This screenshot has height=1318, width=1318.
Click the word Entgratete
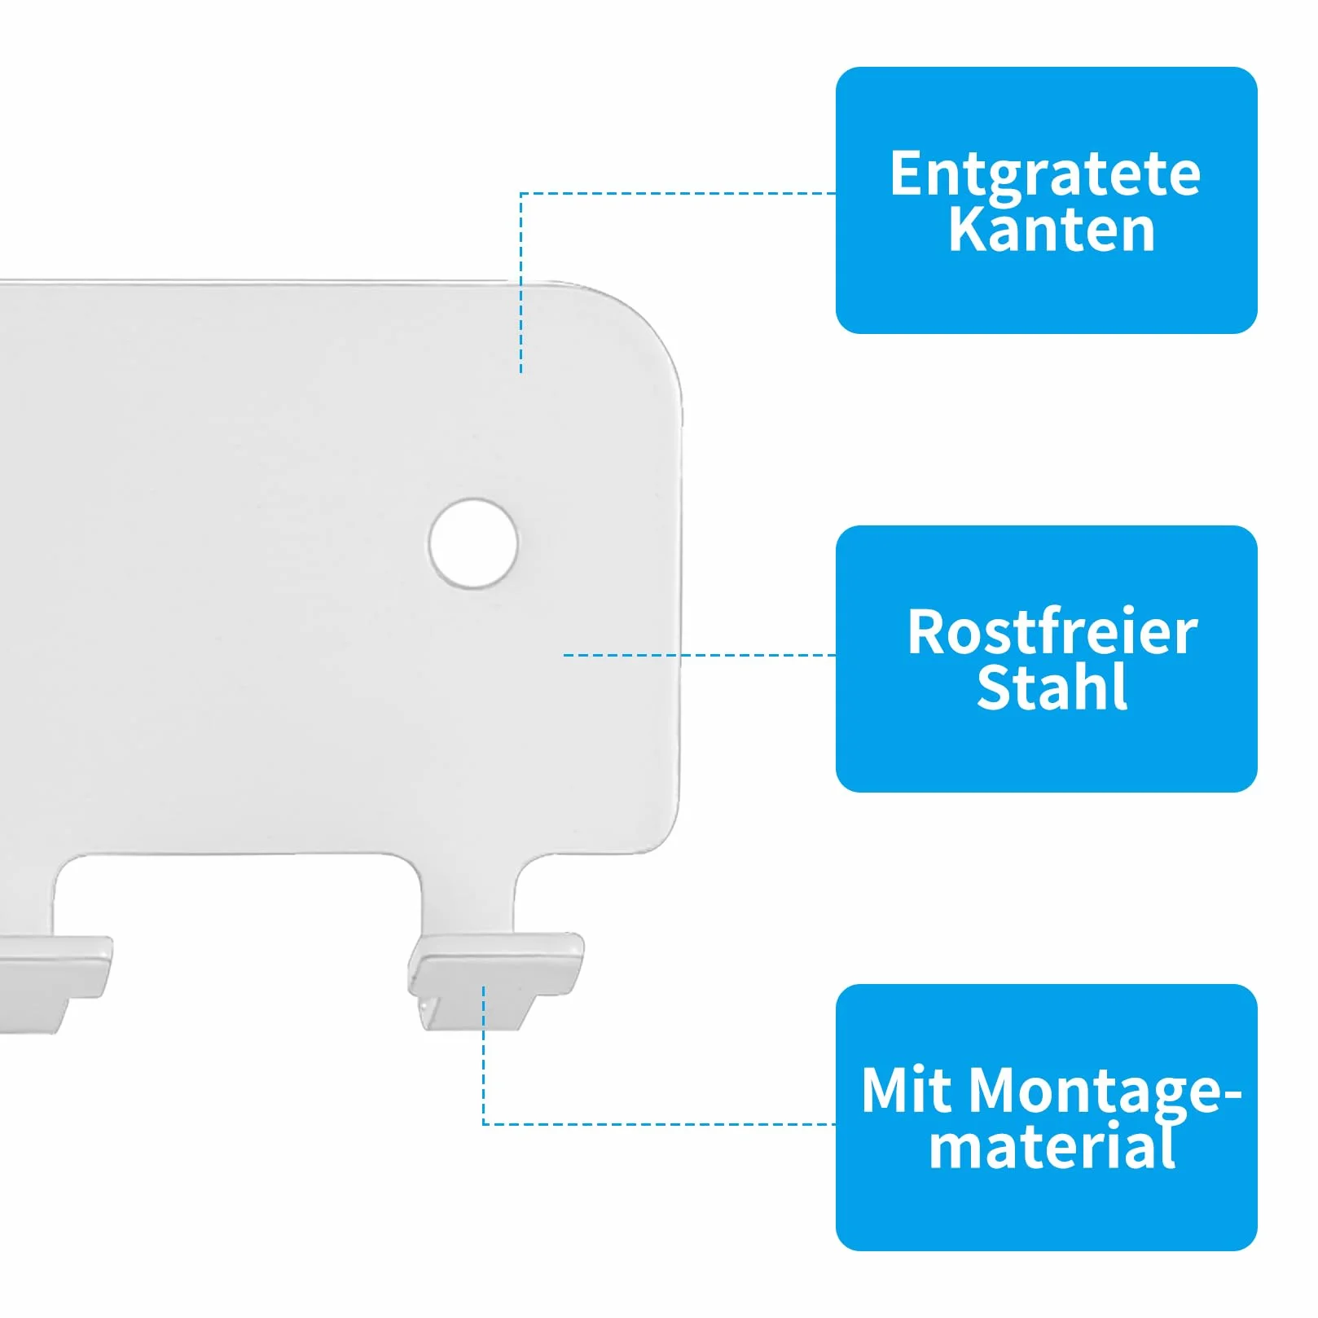[x=1045, y=175]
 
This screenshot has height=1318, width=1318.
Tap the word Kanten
[x=1052, y=230]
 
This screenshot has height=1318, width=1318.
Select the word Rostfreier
[x=1052, y=632]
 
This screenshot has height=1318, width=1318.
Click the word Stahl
[x=1052, y=688]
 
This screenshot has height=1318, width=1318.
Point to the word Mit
[x=909, y=1090]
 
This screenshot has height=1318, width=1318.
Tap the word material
[x=1052, y=1145]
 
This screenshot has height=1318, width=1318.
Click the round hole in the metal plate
[x=473, y=543]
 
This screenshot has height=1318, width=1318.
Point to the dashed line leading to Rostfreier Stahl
[x=700, y=655]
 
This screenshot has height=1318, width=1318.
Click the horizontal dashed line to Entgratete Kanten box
[x=679, y=193]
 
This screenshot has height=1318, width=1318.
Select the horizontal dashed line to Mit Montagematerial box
[x=660, y=1124]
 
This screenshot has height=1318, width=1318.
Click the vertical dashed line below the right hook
[x=483, y=1055]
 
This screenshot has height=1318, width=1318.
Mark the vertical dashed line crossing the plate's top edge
[x=521, y=283]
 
